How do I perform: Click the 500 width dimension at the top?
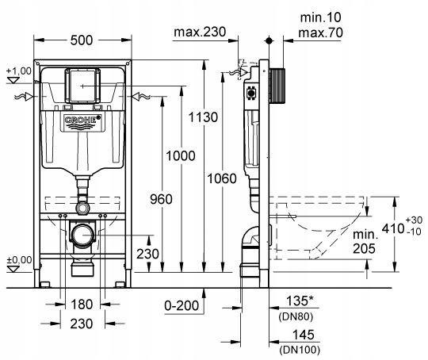pos(82,40)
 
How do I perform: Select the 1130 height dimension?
pos(203,117)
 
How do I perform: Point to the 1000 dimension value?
pos(181,156)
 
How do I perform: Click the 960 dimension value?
pos(161,199)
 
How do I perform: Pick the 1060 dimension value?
pos(222,178)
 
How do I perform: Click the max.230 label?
pos(200,32)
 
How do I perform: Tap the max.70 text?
pos(320,33)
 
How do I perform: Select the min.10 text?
pos(321,17)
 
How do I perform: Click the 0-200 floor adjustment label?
pos(182,305)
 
